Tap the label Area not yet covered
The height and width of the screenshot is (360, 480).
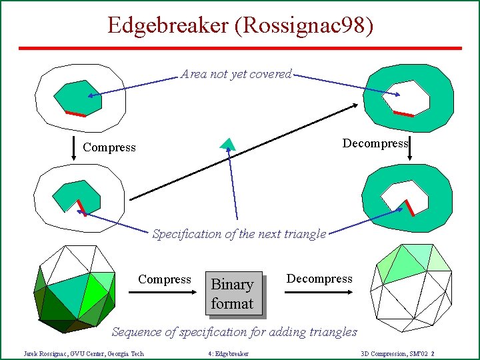coord(236,74)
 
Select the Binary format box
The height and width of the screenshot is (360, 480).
coord(232,294)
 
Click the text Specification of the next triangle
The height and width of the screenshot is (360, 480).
coord(239,234)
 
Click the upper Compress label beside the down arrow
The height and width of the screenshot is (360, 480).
coord(109,147)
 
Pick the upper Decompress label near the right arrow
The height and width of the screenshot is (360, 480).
coord(375,144)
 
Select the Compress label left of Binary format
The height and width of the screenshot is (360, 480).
coord(164,279)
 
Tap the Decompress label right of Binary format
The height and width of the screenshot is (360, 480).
coord(319,279)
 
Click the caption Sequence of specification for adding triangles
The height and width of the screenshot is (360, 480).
coord(234,331)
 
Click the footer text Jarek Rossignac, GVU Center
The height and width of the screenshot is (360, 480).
coord(83,353)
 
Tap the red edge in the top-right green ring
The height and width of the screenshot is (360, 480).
coord(403,114)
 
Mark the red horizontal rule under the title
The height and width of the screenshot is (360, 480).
coord(240,48)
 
